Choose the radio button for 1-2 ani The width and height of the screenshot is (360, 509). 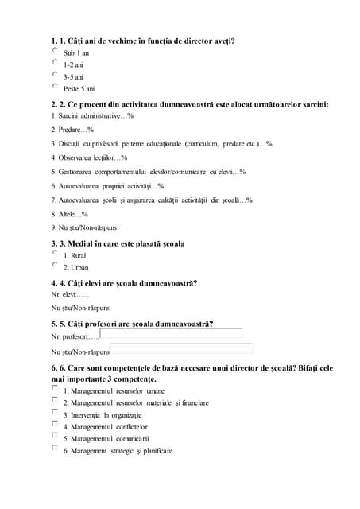pos(56,62)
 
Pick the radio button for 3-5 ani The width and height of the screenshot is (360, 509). pos(56,74)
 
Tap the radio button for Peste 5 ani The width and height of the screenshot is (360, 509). pos(56,86)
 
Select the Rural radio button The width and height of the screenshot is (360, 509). pos(56,253)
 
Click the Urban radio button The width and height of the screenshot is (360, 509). pos(56,265)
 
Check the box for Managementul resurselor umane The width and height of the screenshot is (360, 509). pos(56,389)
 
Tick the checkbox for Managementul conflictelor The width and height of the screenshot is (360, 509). pos(56,425)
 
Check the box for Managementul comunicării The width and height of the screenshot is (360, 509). pos(56,436)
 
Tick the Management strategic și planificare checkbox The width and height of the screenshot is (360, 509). pos(56,448)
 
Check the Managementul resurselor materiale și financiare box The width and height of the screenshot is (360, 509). pos(56,401)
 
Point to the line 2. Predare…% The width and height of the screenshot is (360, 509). pos(73,129)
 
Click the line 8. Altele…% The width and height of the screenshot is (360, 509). pos(70,214)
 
